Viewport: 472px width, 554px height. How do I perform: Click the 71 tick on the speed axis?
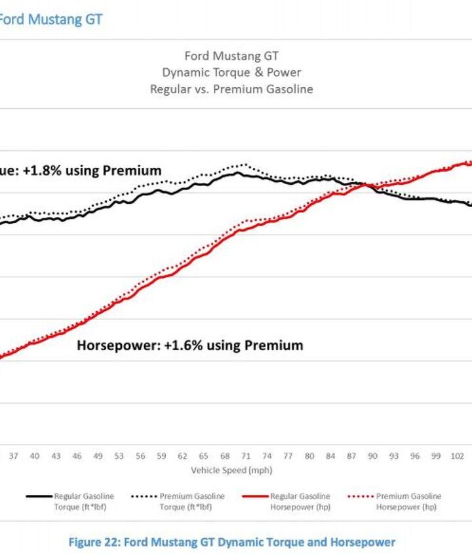[245, 456]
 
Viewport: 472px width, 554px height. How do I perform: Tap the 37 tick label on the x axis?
[13, 456]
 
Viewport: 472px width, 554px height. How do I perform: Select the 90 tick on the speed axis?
[372, 456]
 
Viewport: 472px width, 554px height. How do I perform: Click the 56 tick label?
[140, 456]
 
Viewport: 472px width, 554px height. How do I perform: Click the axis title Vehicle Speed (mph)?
[231, 470]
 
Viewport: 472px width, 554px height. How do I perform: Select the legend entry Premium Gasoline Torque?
[191, 502]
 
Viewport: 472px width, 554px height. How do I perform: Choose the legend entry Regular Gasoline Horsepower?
[300, 502]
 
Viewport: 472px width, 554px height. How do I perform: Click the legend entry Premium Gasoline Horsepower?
[408, 502]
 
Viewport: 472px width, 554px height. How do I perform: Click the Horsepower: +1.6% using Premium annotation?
[190, 345]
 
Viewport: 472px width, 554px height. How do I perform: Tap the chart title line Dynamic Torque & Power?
[231, 72]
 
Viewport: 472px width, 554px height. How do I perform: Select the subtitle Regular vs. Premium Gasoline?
[231, 89]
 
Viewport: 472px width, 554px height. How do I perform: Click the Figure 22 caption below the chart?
[231, 542]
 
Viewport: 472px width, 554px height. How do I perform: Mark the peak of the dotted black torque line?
[245, 165]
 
